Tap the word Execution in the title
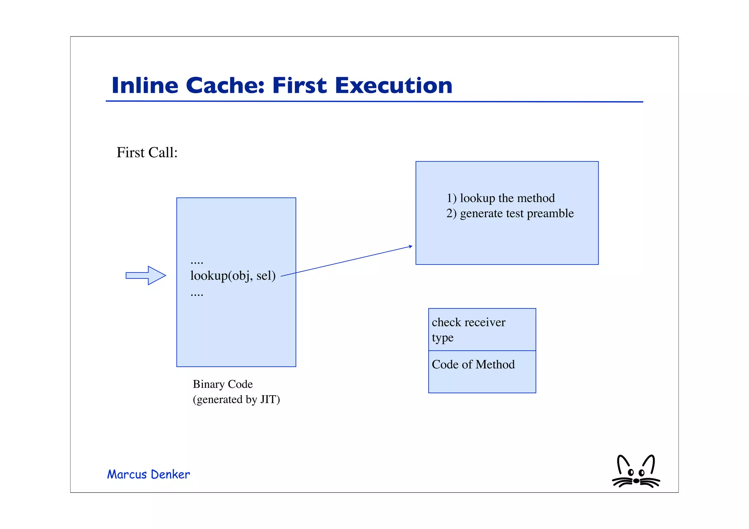(x=394, y=86)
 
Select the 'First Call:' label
(x=147, y=152)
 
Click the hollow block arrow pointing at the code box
(x=146, y=275)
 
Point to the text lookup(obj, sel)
(x=233, y=276)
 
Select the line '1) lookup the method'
(x=500, y=198)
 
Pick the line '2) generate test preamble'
(x=510, y=214)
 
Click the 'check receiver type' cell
(x=482, y=329)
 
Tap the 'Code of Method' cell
(x=482, y=371)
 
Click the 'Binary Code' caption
(x=223, y=384)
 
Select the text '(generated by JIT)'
(x=236, y=400)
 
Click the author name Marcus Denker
(x=148, y=475)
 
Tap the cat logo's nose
(x=636, y=481)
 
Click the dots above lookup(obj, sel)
(x=197, y=262)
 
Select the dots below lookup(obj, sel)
(x=197, y=294)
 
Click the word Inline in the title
(x=145, y=86)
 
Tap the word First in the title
(x=300, y=86)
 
